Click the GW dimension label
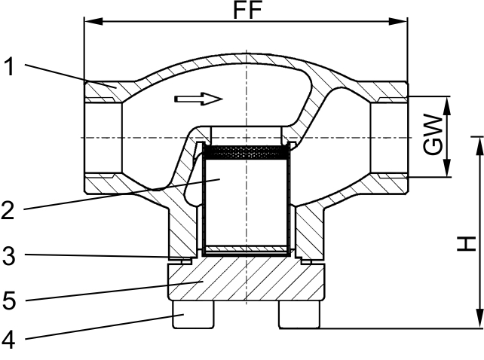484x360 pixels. click(x=433, y=134)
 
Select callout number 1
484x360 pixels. click(x=9, y=67)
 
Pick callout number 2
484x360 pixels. click(x=8, y=210)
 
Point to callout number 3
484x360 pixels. click(x=8, y=256)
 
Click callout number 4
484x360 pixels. click(x=8, y=340)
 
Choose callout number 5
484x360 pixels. click(x=9, y=301)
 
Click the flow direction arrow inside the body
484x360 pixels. click(x=198, y=99)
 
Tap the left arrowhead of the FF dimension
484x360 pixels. click(x=93, y=22)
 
